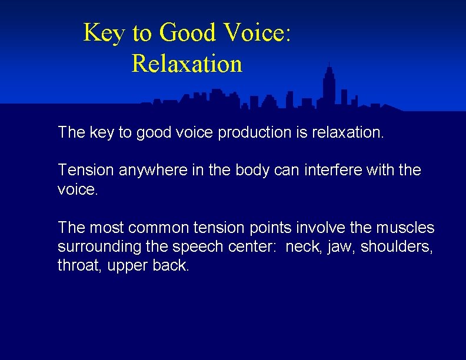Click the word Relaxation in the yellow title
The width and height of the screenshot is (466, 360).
click(x=187, y=64)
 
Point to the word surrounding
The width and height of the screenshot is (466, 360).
click(x=96, y=246)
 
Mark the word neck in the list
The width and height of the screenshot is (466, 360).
click(x=301, y=246)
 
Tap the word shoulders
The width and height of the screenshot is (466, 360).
click(x=396, y=246)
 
